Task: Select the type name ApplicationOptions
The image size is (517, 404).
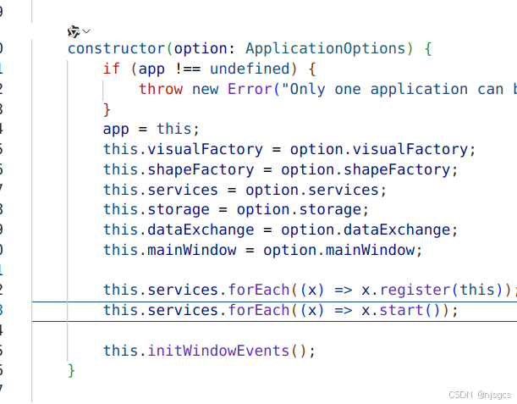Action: (330, 48)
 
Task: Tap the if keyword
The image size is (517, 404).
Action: (112, 69)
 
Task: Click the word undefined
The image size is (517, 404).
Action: (250, 69)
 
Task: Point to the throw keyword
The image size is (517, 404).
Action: (161, 89)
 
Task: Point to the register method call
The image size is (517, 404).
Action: (415, 291)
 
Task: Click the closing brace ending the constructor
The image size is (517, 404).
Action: (72, 370)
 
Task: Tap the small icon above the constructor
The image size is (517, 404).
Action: (74, 30)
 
